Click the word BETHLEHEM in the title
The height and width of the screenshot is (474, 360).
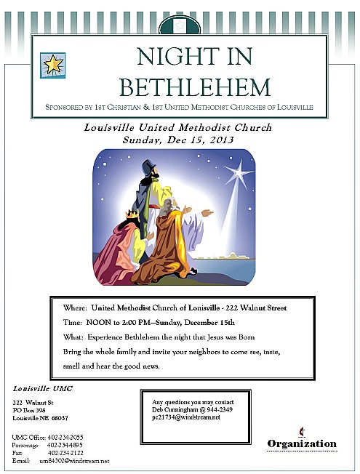[195, 87]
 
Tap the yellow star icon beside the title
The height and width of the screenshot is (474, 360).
[52, 65]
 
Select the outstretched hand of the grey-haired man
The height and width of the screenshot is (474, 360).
[207, 213]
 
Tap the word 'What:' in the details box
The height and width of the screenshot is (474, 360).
[73, 337]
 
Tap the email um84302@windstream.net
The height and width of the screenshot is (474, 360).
[74, 461]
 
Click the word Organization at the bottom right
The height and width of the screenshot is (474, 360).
[301, 443]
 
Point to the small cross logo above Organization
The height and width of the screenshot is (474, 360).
[300, 431]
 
